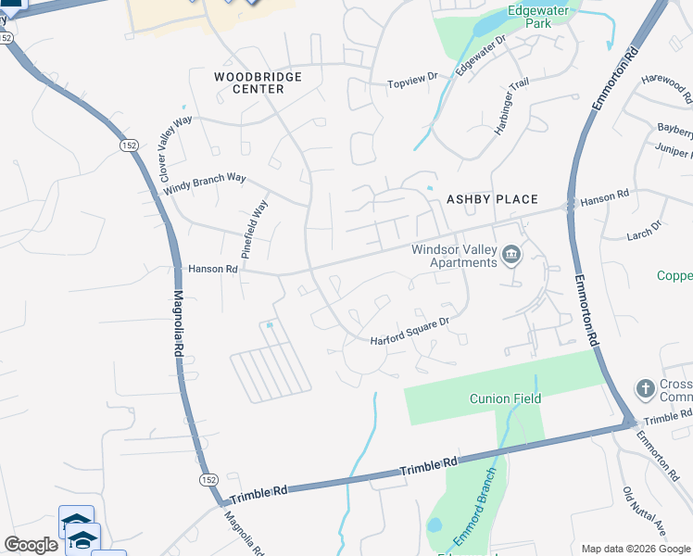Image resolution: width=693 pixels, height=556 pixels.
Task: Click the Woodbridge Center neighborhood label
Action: [258, 82]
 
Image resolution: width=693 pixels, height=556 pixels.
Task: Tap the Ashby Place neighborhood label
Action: [492, 199]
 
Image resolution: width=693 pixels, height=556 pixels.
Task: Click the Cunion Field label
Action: [504, 398]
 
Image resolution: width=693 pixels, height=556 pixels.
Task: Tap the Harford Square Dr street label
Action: [409, 332]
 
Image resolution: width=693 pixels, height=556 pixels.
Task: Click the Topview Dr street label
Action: [412, 82]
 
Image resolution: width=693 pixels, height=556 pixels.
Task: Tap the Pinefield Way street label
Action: [254, 228]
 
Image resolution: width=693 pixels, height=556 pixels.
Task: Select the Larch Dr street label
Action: [645, 226]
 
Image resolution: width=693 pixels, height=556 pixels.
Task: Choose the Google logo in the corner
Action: [31, 545]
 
